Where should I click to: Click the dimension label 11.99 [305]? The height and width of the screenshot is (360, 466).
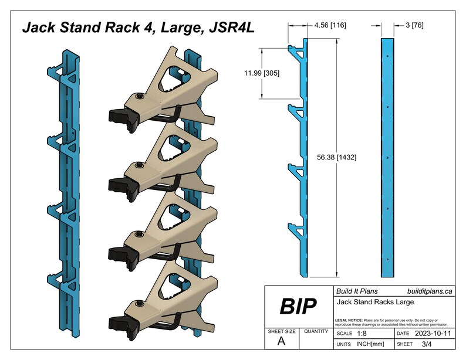coord(262,73)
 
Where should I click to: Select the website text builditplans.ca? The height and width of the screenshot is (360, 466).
coord(429,291)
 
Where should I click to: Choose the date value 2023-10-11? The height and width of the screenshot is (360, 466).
coord(433,332)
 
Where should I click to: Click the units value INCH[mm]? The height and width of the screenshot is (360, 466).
coord(368,344)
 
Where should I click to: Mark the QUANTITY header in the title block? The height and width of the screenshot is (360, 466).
coord(316,331)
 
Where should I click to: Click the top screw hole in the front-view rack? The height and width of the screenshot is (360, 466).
coord(388,56)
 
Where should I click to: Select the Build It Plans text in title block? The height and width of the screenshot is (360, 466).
coord(356,291)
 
